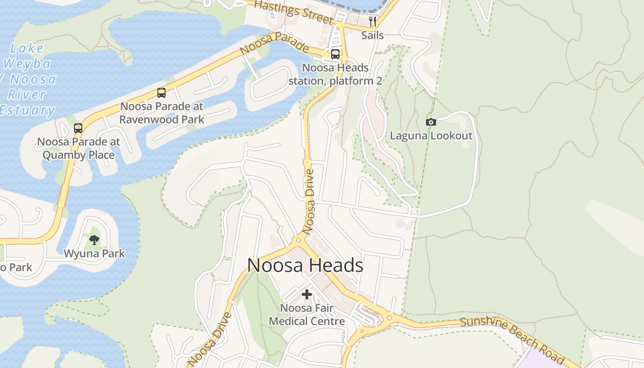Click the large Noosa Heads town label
pyautogui.click(x=305, y=265)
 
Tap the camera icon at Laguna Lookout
pyautogui.click(x=431, y=122)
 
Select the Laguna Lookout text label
pyautogui.click(x=431, y=136)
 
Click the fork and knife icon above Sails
pyautogui.click(x=373, y=22)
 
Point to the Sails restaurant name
pyautogui.click(x=373, y=35)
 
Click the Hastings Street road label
pyautogui.click(x=293, y=11)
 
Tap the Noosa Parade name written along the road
pyautogui.click(x=274, y=43)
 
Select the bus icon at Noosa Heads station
pyautogui.click(x=335, y=54)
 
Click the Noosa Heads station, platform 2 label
pyautogui.click(x=335, y=74)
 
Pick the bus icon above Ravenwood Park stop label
pyautogui.click(x=161, y=92)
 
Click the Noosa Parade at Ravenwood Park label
pyautogui.click(x=161, y=113)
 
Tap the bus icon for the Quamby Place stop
pyautogui.click(x=78, y=128)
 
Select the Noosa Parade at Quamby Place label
pyautogui.click(x=78, y=148)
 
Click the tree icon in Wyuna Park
pyautogui.click(x=94, y=239)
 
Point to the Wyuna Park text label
pyautogui.click(x=94, y=253)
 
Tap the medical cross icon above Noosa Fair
pyautogui.click(x=307, y=294)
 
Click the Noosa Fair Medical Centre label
pyautogui.click(x=307, y=314)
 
